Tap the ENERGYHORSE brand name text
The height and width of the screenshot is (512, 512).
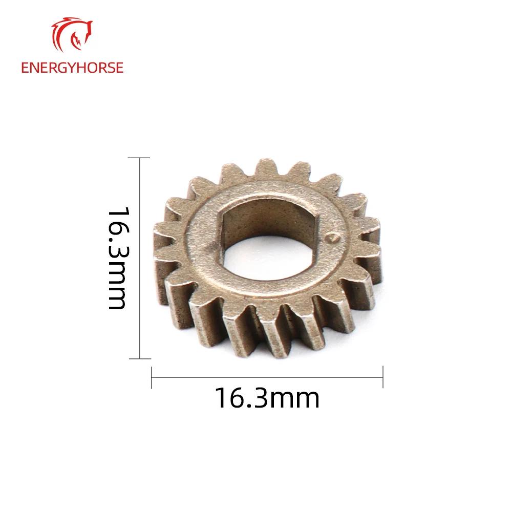tap(72, 68)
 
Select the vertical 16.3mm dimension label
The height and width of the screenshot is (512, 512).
tap(117, 258)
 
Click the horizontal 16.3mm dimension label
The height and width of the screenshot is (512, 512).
tap(266, 398)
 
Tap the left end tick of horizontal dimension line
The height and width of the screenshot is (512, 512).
tap(152, 378)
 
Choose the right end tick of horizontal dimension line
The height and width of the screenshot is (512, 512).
tap(383, 378)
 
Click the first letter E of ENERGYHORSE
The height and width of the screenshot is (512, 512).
tap(25, 68)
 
